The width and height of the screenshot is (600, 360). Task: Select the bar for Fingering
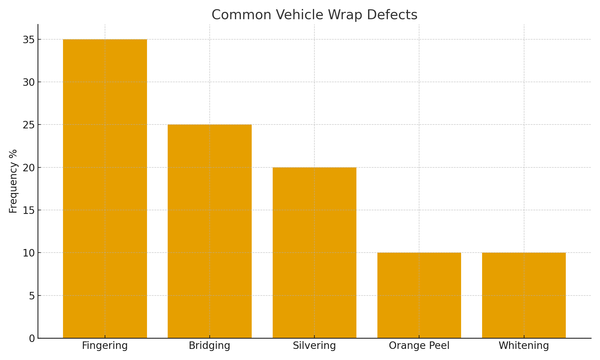point(105,189)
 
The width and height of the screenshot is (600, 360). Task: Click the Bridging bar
point(209,231)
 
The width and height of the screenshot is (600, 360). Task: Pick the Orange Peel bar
point(419,295)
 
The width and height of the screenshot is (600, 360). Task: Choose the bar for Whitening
point(524,295)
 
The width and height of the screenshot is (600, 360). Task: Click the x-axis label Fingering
point(105,346)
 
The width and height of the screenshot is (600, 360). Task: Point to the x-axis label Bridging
point(209,346)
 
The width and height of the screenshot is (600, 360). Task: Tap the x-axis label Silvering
point(314,346)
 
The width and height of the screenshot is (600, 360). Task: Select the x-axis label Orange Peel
point(419,346)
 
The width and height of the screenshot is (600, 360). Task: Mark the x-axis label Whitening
point(524,346)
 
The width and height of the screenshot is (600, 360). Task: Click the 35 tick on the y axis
point(28,40)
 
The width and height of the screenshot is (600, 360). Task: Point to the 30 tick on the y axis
point(28,82)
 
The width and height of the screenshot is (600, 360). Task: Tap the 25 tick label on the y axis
point(28,125)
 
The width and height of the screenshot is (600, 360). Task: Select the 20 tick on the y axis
point(28,168)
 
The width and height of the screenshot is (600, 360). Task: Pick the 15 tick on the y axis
point(28,210)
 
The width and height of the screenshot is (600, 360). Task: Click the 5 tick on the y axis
point(31,296)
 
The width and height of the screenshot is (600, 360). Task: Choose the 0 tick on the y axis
point(31,338)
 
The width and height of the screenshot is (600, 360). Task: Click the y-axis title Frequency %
point(13,181)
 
